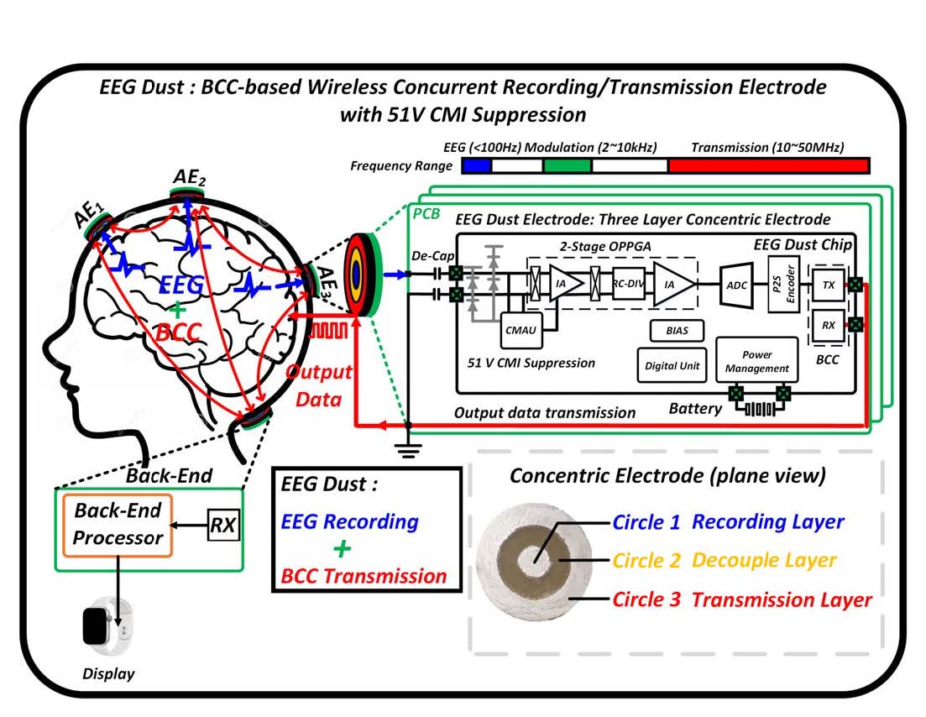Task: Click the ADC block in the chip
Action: [735, 285]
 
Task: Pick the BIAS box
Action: [677, 330]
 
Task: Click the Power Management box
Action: [756, 361]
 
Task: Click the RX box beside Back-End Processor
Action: [223, 526]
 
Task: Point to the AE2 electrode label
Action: [190, 178]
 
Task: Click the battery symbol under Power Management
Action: [760, 410]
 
